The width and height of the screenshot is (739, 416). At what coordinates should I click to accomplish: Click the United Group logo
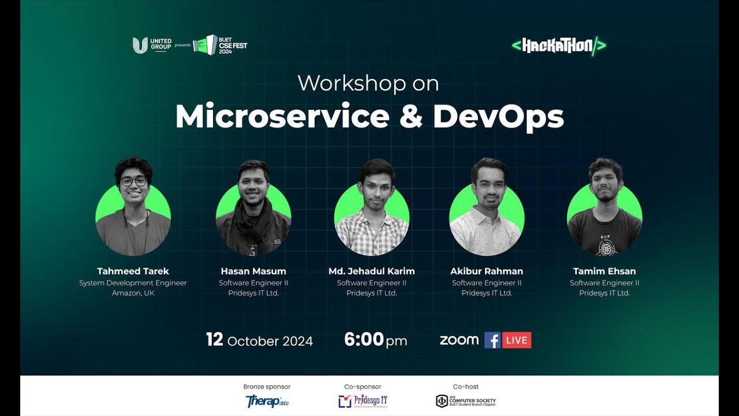(152, 45)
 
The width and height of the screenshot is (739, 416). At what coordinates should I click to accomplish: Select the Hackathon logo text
(558, 46)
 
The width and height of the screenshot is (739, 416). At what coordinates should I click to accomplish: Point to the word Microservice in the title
(282, 117)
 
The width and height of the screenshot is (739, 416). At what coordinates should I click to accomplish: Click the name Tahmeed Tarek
(133, 271)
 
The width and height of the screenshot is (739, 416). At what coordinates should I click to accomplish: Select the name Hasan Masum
(253, 271)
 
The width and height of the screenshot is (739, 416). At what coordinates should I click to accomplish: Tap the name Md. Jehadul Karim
(371, 271)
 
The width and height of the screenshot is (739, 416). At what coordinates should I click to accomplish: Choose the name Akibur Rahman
(487, 271)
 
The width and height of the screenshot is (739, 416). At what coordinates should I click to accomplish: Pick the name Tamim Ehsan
(604, 271)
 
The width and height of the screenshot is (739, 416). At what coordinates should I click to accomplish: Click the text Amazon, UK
(133, 293)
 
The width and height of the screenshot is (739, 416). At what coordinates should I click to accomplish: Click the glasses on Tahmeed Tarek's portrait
(134, 181)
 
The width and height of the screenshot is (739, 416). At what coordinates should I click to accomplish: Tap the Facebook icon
(492, 340)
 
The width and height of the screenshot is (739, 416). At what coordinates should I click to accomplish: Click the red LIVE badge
(517, 340)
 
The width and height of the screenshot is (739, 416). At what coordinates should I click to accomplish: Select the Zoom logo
(459, 340)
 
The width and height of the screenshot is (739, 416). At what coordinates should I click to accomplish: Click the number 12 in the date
(215, 340)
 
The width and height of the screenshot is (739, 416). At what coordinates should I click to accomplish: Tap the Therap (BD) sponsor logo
(267, 401)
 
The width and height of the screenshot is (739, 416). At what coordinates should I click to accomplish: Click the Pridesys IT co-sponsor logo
(363, 401)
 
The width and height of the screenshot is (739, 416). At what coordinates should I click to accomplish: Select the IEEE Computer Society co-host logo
(465, 401)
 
